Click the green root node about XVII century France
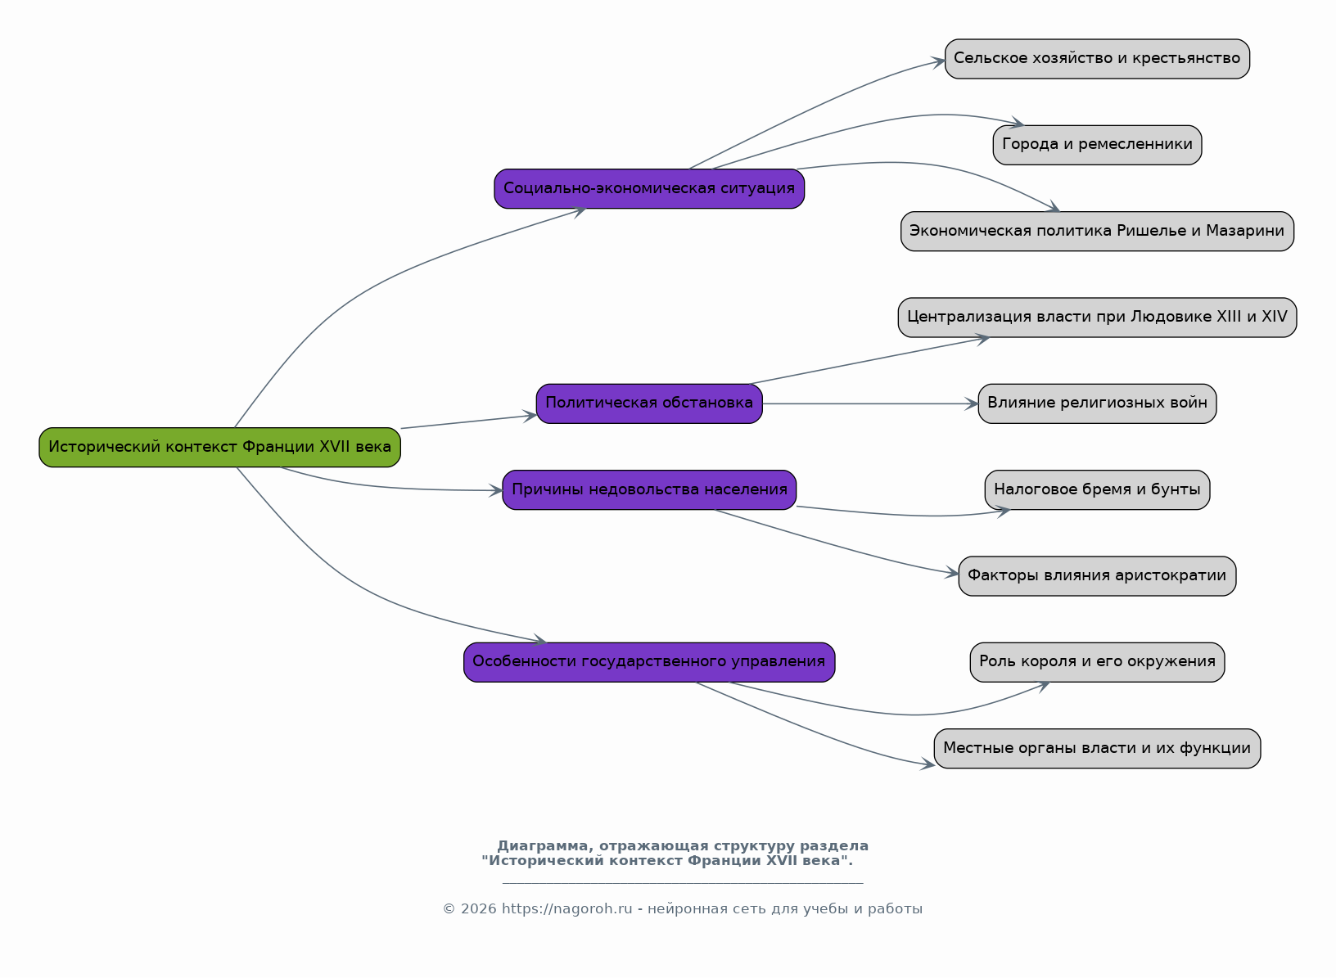[219, 447]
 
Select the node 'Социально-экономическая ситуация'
[649, 188]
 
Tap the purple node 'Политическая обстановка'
[649, 403]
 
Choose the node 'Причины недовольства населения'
[649, 489]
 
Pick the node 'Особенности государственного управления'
[649, 662]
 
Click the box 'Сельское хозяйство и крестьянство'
[1097, 59]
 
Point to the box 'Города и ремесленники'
[1097, 145]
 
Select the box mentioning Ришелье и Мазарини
[1097, 232]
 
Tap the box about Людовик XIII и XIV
[1097, 318]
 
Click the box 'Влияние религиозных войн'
[1097, 403]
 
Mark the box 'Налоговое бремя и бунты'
[1097, 489]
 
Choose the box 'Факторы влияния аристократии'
[1097, 576]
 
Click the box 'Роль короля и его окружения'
[1097, 662]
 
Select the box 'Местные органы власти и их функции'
[1097, 748]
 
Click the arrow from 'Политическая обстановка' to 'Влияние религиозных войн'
[870, 403]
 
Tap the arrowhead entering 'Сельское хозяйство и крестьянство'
[938, 61]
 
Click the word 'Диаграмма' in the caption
[543, 845]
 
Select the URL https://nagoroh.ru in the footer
[566, 908]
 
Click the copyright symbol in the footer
[449, 908]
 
